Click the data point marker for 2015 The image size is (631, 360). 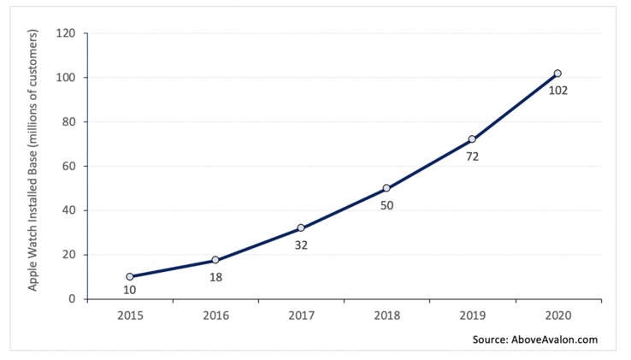(x=130, y=277)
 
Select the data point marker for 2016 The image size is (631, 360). (x=215, y=260)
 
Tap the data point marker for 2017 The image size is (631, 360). (x=301, y=228)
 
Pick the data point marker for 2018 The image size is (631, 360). (x=386, y=188)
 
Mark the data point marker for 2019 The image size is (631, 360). (x=472, y=139)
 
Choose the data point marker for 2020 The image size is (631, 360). (x=557, y=74)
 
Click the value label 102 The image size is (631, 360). (x=558, y=90)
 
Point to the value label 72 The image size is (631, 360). (x=472, y=156)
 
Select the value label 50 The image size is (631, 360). (x=386, y=205)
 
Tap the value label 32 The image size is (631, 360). (x=301, y=245)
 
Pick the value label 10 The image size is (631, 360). (x=130, y=290)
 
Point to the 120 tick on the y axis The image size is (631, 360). (x=67, y=34)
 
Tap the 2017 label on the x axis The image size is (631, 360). (x=301, y=315)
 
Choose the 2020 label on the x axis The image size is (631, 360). (x=557, y=315)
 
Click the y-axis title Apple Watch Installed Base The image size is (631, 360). (x=33, y=160)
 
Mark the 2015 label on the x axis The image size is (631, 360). (x=130, y=315)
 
